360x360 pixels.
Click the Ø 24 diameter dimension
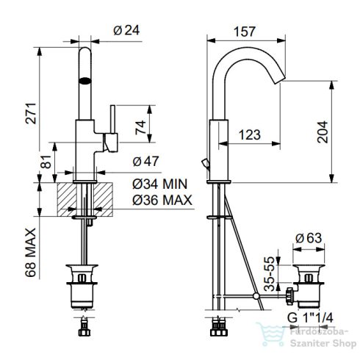tap(127, 31)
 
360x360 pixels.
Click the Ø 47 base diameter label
tap(148, 161)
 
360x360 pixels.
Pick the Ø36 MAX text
tap(162, 200)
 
